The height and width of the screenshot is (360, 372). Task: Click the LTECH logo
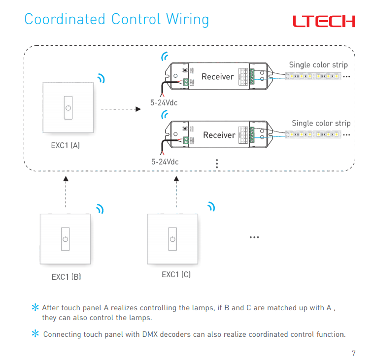point(323,21)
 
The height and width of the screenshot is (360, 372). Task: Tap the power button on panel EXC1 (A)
point(68,107)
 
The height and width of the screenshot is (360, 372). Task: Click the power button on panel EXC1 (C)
point(172,239)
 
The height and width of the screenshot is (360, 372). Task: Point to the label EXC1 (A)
point(66,146)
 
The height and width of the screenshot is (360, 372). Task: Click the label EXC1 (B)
point(66,277)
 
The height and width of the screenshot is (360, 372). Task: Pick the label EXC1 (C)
point(176,274)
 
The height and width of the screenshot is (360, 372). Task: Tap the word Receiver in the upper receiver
point(217,76)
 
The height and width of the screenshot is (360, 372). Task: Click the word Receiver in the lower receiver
point(219,135)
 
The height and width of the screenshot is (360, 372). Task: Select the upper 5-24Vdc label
point(164,103)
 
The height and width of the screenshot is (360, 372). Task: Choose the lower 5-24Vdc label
point(165,162)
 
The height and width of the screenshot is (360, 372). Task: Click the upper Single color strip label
point(318,65)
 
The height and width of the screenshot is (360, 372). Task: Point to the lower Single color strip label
point(321,123)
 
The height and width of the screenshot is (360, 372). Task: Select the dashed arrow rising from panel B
point(66,192)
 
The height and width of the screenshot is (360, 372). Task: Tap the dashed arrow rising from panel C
point(176,192)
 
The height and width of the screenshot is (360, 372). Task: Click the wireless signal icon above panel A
point(101,78)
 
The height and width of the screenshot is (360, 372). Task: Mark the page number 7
point(353,353)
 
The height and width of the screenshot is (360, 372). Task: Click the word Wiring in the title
point(187,19)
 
